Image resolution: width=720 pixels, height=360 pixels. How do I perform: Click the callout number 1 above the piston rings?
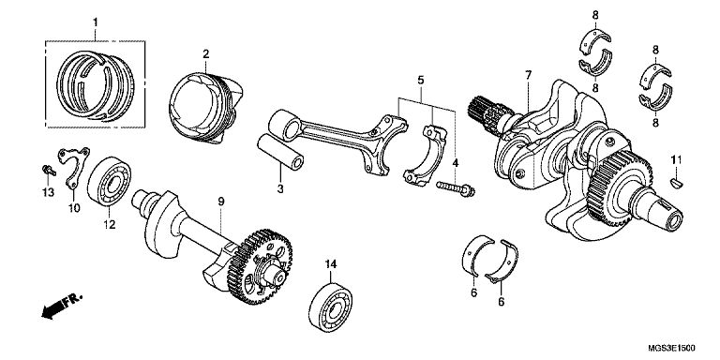[96, 22]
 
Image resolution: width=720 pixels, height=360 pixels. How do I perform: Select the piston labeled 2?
[204, 109]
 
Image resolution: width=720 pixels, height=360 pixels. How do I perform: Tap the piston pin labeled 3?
[280, 152]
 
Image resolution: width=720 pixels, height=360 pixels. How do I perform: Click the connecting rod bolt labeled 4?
[456, 187]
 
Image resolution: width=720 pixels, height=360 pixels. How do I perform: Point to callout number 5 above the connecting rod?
[421, 81]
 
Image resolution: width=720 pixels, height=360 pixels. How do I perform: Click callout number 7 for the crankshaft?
[529, 74]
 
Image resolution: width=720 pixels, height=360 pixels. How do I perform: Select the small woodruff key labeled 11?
[677, 183]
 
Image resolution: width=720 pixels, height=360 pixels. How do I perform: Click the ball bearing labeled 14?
[331, 301]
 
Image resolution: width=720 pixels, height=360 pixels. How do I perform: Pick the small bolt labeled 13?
[48, 171]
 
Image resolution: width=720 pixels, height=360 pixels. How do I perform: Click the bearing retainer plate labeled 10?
[73, 165]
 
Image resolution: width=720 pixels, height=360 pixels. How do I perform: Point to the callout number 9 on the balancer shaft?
[221, 202]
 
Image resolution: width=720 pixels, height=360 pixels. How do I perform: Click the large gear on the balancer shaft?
[266, 267]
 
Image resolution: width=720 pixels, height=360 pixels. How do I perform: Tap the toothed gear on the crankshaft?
[620, 188]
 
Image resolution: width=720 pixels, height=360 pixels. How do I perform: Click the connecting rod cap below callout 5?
[425, 157]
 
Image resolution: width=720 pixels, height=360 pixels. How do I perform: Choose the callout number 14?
[331, 264]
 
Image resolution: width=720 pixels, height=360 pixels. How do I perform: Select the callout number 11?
[676, 159]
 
